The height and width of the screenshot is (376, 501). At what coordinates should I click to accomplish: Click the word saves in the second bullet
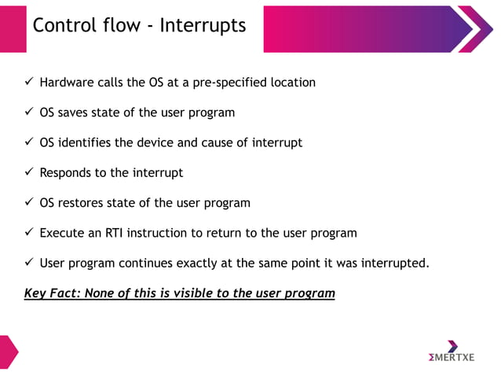[x=78, y=112]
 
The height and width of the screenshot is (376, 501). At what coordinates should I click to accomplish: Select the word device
[x=171, y=142]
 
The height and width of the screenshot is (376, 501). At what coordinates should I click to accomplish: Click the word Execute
[x=64, y=233]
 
